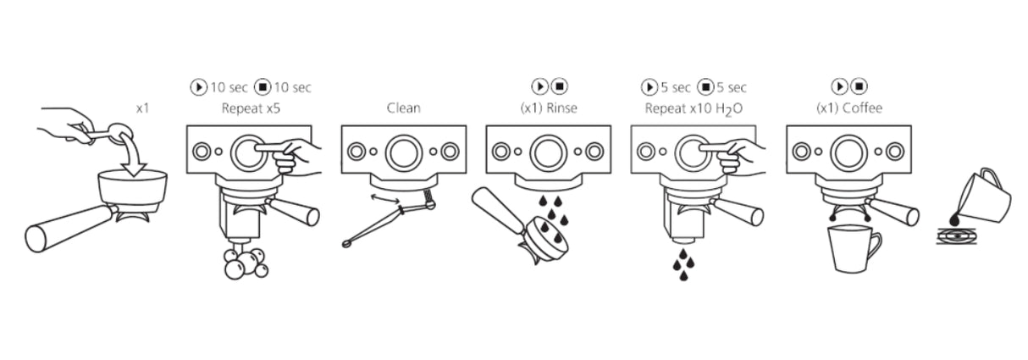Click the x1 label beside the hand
(x=142, y=108)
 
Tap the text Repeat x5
(x=249, y=108)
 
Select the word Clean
(x=403, y=108)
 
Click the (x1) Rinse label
(x=548, y=108)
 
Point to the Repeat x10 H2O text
(x=694, y=108)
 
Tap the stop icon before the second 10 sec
(x=263, y=87)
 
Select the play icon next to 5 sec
(x=649, y=87)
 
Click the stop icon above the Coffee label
(x=859, y=87)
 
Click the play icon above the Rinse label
(x=539, y=87)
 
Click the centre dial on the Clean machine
(x=403, y=152)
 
